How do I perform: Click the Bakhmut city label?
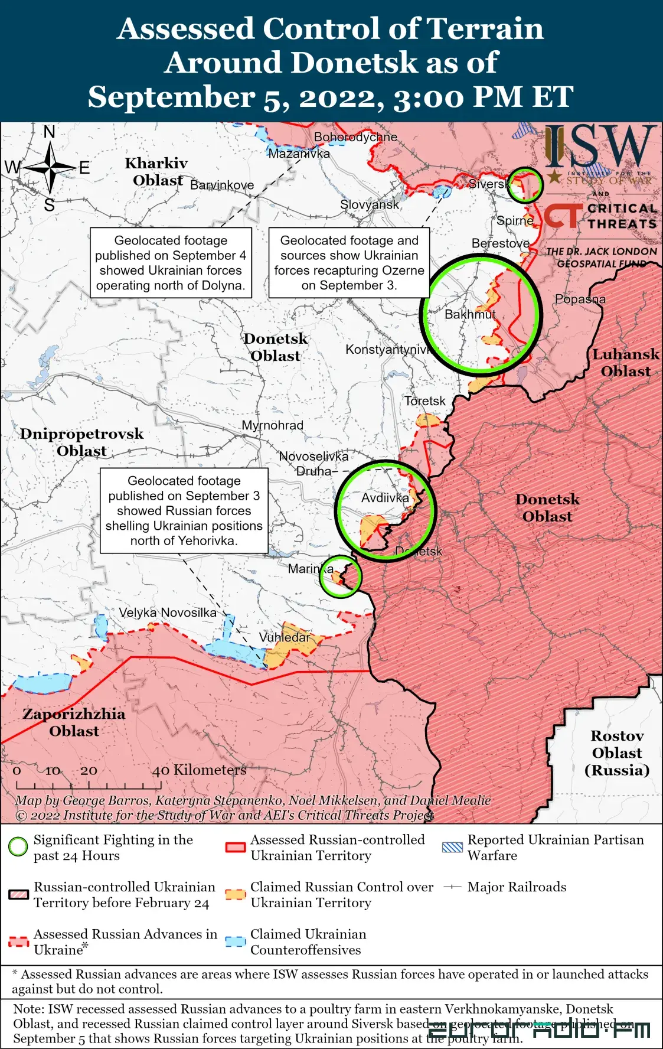point(470,314)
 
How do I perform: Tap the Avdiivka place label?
point(385,498)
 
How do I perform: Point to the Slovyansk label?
point(370,204)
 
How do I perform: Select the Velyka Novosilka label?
point(168,613)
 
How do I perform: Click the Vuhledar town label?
point(285,637)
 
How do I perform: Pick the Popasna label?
point(580,299)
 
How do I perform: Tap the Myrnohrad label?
point(272,425)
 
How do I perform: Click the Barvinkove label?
point(222,185)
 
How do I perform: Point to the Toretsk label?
point(425,401)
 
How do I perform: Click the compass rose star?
point(50,168)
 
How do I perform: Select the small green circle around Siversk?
point(525,184)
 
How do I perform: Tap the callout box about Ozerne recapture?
point(349,263)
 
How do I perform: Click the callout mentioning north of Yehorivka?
point(184,511)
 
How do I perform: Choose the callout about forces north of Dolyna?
point(171,263)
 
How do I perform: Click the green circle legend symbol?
point(18,846)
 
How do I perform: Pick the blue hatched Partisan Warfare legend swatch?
point(452,847)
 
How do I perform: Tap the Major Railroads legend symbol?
point(452,887)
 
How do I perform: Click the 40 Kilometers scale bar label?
point(199,770)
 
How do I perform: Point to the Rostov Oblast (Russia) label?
point(617,753)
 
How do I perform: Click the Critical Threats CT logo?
point(563,216)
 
